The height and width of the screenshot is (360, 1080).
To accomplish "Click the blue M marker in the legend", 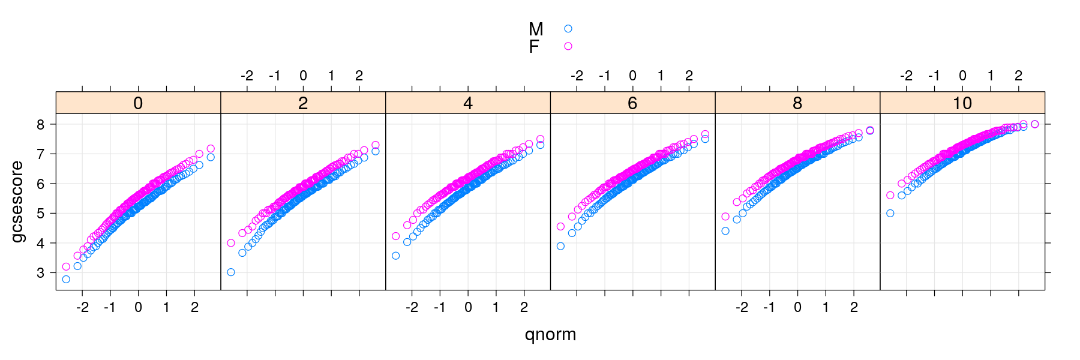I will [x=568, y=29].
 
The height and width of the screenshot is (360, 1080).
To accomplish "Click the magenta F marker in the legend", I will [x=568, y=46].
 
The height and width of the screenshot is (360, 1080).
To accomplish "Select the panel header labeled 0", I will [x=138, y=103].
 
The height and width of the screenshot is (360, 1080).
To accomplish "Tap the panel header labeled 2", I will [x=303, y=103].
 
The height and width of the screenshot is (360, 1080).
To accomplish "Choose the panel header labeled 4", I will [x=468, y=103].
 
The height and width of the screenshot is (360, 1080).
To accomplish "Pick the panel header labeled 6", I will [x=632, y=103].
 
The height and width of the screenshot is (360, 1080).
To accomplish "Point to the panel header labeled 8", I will [x=797, y=103].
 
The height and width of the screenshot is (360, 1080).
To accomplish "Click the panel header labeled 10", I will [x=962, y=103].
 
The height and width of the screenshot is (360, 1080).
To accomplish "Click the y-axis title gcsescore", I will [x=17, y=202].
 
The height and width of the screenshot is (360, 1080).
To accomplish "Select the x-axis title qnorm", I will [x=550, y=334].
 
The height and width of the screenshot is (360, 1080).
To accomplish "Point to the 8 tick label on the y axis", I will [x=41, y=125].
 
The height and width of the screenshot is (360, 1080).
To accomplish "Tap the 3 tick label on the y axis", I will [x=41, y=273].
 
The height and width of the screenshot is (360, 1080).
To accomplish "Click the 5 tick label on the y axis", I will [x=41, y=214].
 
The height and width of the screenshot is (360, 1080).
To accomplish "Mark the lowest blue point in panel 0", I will [x=66, y=280].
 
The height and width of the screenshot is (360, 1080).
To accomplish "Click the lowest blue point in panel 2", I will [x=231, y=272].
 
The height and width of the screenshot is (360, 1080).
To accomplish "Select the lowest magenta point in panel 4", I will [x=396, y=236].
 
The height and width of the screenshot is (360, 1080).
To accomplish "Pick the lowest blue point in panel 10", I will [x=890, y=214].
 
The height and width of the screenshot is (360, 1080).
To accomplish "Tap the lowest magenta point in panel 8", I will [x=725, y=217].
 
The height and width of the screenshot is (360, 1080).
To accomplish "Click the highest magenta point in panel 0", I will [x=211, y=149].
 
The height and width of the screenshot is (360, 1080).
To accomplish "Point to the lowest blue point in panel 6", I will [x=560, y=247].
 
